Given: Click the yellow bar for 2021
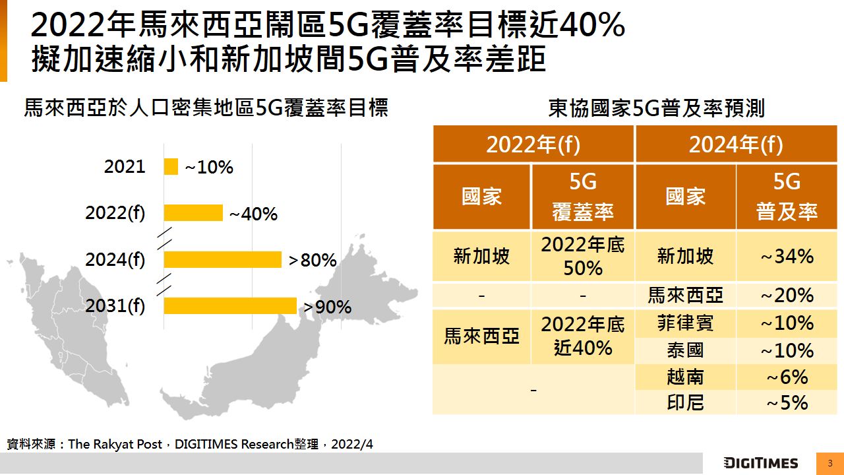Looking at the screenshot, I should (171, 167).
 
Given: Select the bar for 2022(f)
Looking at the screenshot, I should (193, 213).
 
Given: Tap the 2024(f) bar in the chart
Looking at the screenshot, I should (222, 260).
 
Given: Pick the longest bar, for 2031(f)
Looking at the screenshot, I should (230, 306).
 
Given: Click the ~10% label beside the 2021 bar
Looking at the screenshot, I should (208, 168).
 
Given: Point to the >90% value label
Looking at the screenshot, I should (327, 307).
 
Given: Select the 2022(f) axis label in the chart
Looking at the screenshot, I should (115, 214).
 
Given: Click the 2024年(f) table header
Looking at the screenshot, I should (736, 144).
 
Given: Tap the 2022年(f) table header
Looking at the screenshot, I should (533, 144).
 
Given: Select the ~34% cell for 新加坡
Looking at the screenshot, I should (787, 256).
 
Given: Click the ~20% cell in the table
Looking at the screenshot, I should (787, 295).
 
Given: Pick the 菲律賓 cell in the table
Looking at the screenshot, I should (685, 323).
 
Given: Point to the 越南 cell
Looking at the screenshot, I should (685, 377).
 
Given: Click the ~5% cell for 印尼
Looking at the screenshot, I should (787, 402).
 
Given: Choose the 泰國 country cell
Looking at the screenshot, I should (685, 350).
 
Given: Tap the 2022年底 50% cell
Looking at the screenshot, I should (583, 256).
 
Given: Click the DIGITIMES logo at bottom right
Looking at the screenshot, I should (760, 463).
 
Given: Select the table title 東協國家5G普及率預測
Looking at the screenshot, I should (656, 108).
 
